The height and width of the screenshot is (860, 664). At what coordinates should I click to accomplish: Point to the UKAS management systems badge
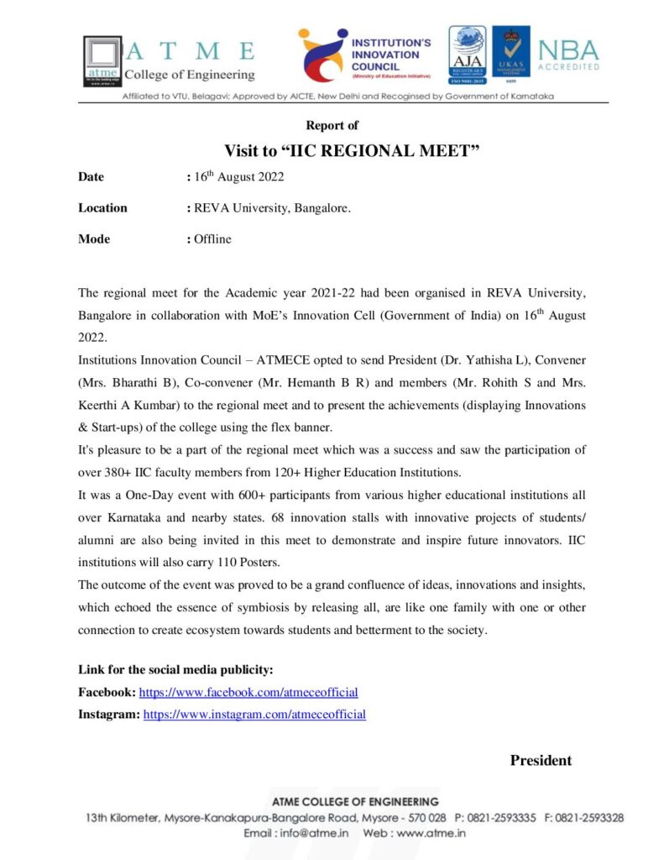tap(510, 55)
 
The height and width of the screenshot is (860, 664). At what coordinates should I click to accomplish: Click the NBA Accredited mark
tap(568, 55)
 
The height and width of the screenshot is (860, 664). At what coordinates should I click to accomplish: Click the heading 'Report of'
tap(332, 125)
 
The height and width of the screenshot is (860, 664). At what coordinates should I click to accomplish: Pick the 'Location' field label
tap(102, 208)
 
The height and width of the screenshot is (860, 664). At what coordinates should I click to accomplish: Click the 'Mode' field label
tap(94, 239)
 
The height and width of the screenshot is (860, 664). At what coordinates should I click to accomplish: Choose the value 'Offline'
tap(212, 239)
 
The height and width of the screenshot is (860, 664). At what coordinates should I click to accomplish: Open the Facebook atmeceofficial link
tap(248, 693)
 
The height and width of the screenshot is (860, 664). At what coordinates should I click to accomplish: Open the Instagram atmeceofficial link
tap(254, 715)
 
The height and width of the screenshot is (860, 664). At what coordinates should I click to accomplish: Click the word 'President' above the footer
tap(541, 761)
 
